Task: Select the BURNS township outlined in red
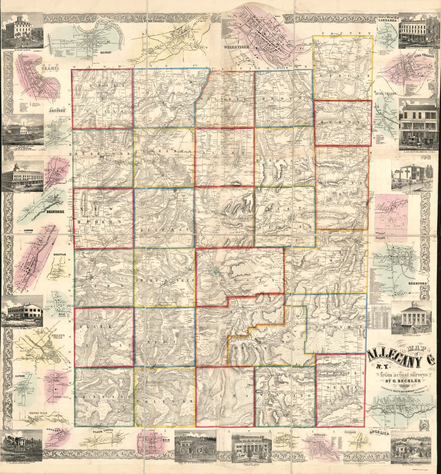tap(343, 123)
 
